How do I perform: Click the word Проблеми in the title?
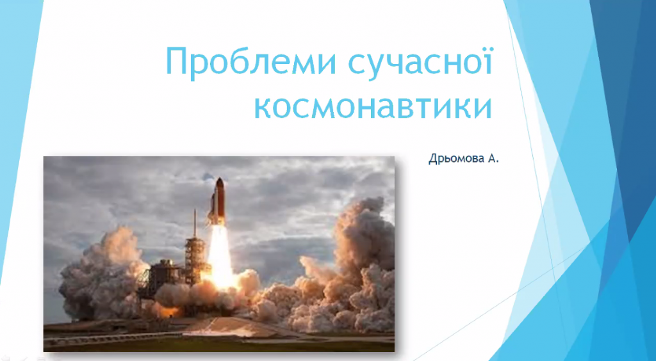coord(250,62)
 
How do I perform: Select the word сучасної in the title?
coord(419,62)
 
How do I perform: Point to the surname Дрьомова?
coord(455,159)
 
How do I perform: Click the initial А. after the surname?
coord(493,159)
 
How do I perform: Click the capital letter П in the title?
coord(178,61)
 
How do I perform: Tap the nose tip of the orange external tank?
coord(220,179)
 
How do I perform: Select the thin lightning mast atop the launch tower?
coord(195,223)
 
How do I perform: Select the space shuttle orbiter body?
coord(213,207)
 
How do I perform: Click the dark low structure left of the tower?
coord(163,275)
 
